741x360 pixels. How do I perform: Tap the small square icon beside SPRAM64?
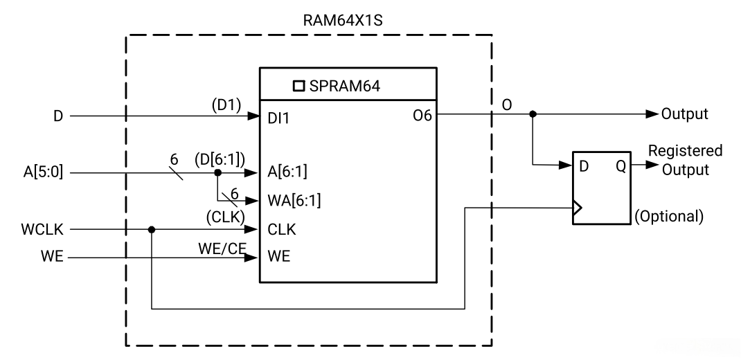[299, 87]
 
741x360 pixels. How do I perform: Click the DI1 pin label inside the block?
[279, 117]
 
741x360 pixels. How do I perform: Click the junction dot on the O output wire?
[532, 114]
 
